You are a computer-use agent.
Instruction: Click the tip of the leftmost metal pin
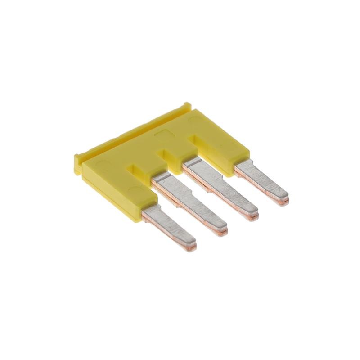tap(193, 243)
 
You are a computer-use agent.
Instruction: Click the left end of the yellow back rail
tap(77, 160)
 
